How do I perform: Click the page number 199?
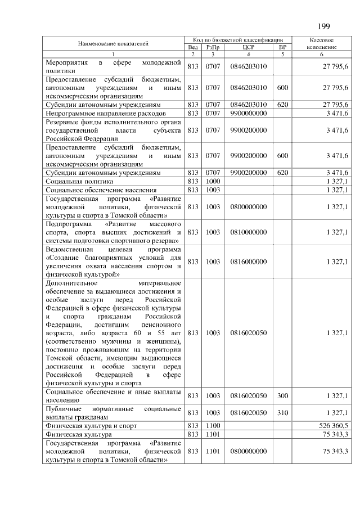[323, 26]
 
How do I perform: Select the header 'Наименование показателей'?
[113, 43]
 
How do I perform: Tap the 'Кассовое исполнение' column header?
[322, 44]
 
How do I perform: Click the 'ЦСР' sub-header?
[249, 47]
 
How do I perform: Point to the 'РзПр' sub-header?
[213, 47]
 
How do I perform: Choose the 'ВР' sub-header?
[282, 47]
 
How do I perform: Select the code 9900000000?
[248, 113]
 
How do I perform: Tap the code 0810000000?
[248, 232]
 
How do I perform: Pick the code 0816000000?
[248, 262]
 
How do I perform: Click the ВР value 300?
[282, 396]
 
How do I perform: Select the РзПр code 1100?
[213, 425]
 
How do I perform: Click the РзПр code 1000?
[213, 181]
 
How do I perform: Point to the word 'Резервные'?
[64, 122]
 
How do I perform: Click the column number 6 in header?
[322, 54]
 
